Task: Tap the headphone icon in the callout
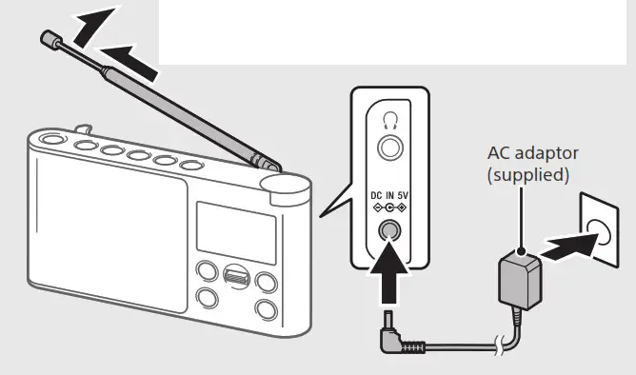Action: coord(388,120)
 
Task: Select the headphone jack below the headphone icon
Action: coord(388,147)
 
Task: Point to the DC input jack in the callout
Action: coord(388,231)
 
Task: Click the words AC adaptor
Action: coord(532,153)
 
